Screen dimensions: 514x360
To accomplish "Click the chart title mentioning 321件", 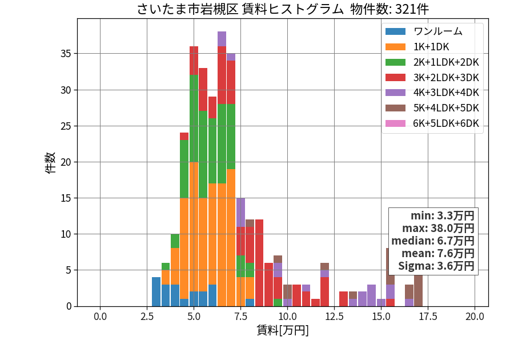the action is coord(283,9).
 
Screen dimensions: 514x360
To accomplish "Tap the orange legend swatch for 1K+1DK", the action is coord(395,47).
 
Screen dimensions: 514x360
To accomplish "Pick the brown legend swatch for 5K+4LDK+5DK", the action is coord(395,108).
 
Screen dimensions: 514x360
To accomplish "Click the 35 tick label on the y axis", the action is coord(66,54).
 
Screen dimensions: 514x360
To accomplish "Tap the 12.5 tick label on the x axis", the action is coord(334,317).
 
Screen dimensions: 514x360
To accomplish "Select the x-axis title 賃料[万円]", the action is coord(283,330).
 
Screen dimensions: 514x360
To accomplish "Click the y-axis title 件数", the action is coord(51,163).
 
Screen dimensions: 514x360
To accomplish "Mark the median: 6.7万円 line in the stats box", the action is coord(433,241).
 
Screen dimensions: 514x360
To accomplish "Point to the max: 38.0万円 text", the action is coord(438,228).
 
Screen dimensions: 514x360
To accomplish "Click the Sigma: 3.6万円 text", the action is coord(436,266).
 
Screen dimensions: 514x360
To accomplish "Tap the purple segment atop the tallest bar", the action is coord(222,39).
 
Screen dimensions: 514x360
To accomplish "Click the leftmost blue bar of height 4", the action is coord(156,292).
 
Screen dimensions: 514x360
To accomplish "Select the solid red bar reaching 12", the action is coord(259,263).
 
